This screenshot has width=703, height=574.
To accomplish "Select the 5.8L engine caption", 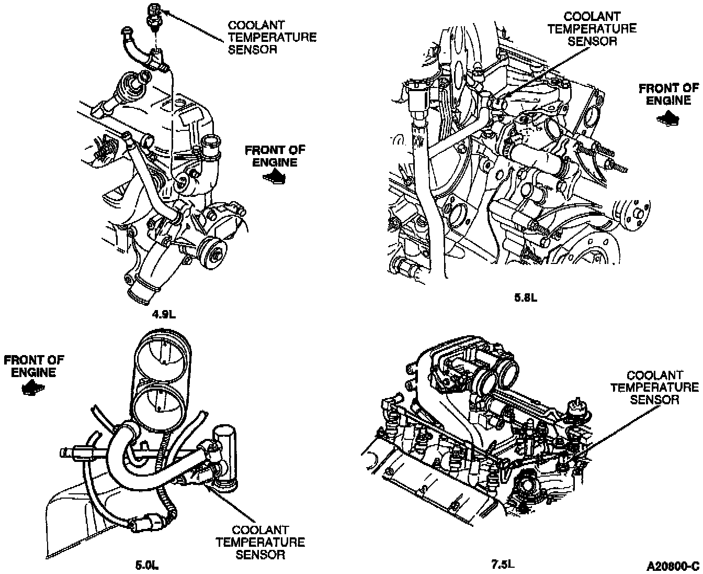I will [x=525, y=299].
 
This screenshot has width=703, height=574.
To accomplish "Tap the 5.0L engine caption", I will [x=147, y=565].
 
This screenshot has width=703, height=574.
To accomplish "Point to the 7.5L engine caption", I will [x=503, y=564].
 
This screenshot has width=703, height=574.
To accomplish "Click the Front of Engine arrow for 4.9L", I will [x=275, y=177].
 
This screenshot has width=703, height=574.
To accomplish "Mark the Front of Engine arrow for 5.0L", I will [x=33, y=389].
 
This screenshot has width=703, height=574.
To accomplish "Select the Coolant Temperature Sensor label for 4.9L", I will [x=272, y=37].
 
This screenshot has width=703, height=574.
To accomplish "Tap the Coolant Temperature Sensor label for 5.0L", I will [x=260, y=542].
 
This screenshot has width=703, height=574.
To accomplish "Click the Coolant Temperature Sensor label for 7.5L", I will [x=654, y=387].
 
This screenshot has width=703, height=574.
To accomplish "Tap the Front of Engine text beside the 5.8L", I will [x=668, y=94].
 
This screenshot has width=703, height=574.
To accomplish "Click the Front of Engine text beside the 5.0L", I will [x=33, y=366].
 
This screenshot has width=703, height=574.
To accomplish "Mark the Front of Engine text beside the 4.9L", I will [x=275, y=156].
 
